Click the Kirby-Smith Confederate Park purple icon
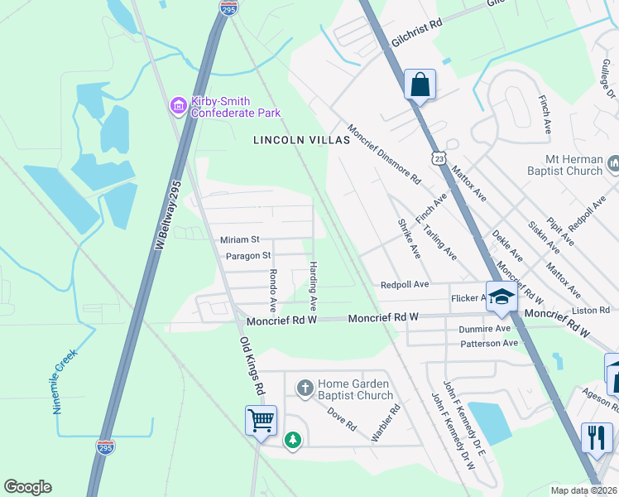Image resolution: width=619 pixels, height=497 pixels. tap(178, 105)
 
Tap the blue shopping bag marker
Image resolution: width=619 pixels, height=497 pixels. tap(420, 84)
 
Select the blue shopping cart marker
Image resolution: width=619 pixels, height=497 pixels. tap(261, 421)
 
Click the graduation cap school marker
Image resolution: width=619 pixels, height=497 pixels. tap(501, 297)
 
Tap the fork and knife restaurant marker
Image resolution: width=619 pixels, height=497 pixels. tap(597, 437)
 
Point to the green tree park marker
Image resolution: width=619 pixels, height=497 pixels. tap(292, 440)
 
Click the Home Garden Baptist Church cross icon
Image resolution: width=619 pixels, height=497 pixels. tap(305, 388)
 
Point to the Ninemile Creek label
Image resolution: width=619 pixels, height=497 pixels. tap(65, 380)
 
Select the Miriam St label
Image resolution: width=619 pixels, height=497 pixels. tap(240, 239)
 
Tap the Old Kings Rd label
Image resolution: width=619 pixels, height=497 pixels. tap(252, 365)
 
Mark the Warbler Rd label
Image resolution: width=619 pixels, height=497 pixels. tap(385, 422)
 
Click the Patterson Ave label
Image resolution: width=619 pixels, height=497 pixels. tap(489, 343)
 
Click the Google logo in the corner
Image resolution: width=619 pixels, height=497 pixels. tap(28, 487)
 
